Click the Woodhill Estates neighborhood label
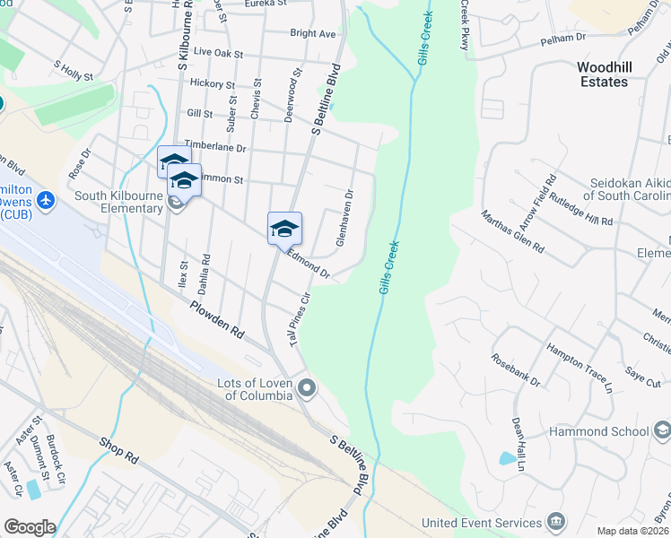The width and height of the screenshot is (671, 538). point(603,74)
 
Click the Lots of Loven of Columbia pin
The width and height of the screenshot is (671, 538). point(308,388)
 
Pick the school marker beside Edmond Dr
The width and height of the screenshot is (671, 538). point(284,228)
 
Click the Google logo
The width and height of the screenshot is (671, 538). point(30,527)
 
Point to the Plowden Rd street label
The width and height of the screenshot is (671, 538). point(216,318)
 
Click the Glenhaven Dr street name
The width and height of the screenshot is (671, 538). point(345,216)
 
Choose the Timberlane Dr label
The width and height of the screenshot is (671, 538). point(214,145)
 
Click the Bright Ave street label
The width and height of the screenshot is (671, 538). point(312,34)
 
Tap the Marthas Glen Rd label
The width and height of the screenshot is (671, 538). point(512,230)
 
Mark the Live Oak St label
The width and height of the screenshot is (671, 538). point(218,54)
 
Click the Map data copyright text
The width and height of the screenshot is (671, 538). point(633,531)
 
